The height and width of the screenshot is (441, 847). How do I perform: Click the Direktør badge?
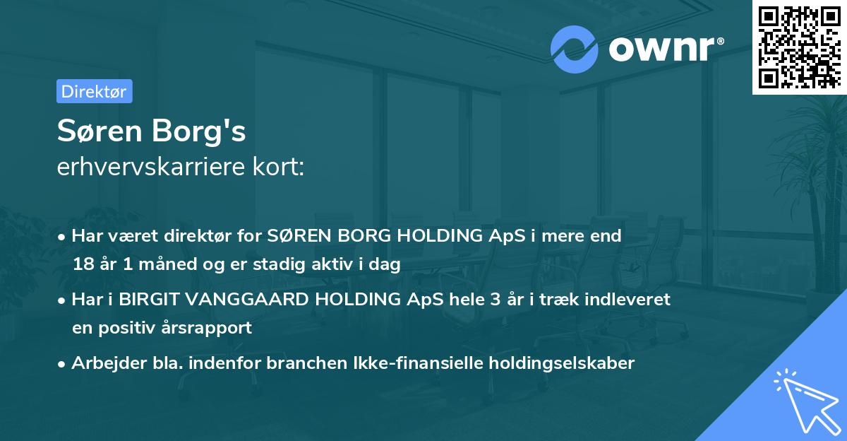point(94,91)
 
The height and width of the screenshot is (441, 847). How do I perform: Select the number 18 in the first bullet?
point(82,265)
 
